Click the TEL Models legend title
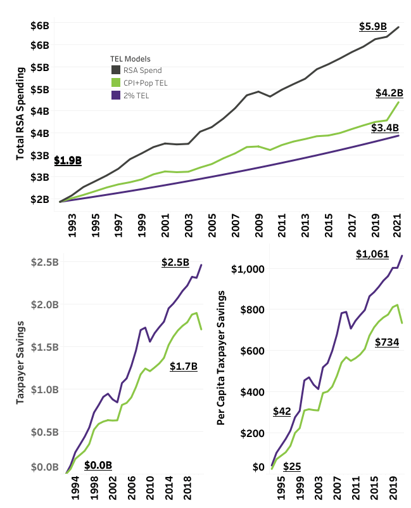click(130, 58)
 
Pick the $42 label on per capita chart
click(281, 411)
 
